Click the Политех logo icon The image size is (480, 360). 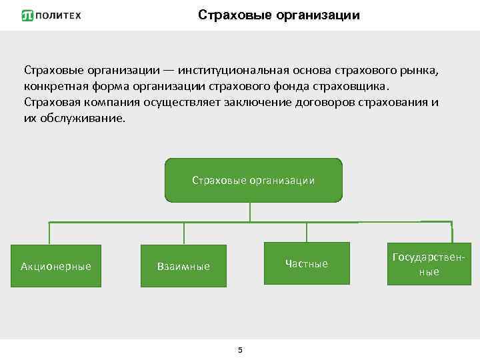tap(27, 15)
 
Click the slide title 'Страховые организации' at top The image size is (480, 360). tap(279, 15)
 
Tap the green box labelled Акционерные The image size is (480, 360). tap(55, 266)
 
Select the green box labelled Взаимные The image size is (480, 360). tap(183, 266)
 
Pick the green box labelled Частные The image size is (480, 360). tap(307, 263)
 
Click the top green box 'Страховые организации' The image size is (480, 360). tap(253, 180)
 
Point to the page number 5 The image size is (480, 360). tap(240, 350)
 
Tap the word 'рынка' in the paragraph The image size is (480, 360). tap(421, 71)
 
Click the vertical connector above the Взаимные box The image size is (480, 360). tap(184, 233)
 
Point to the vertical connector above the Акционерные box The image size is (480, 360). tap(49, 233)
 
